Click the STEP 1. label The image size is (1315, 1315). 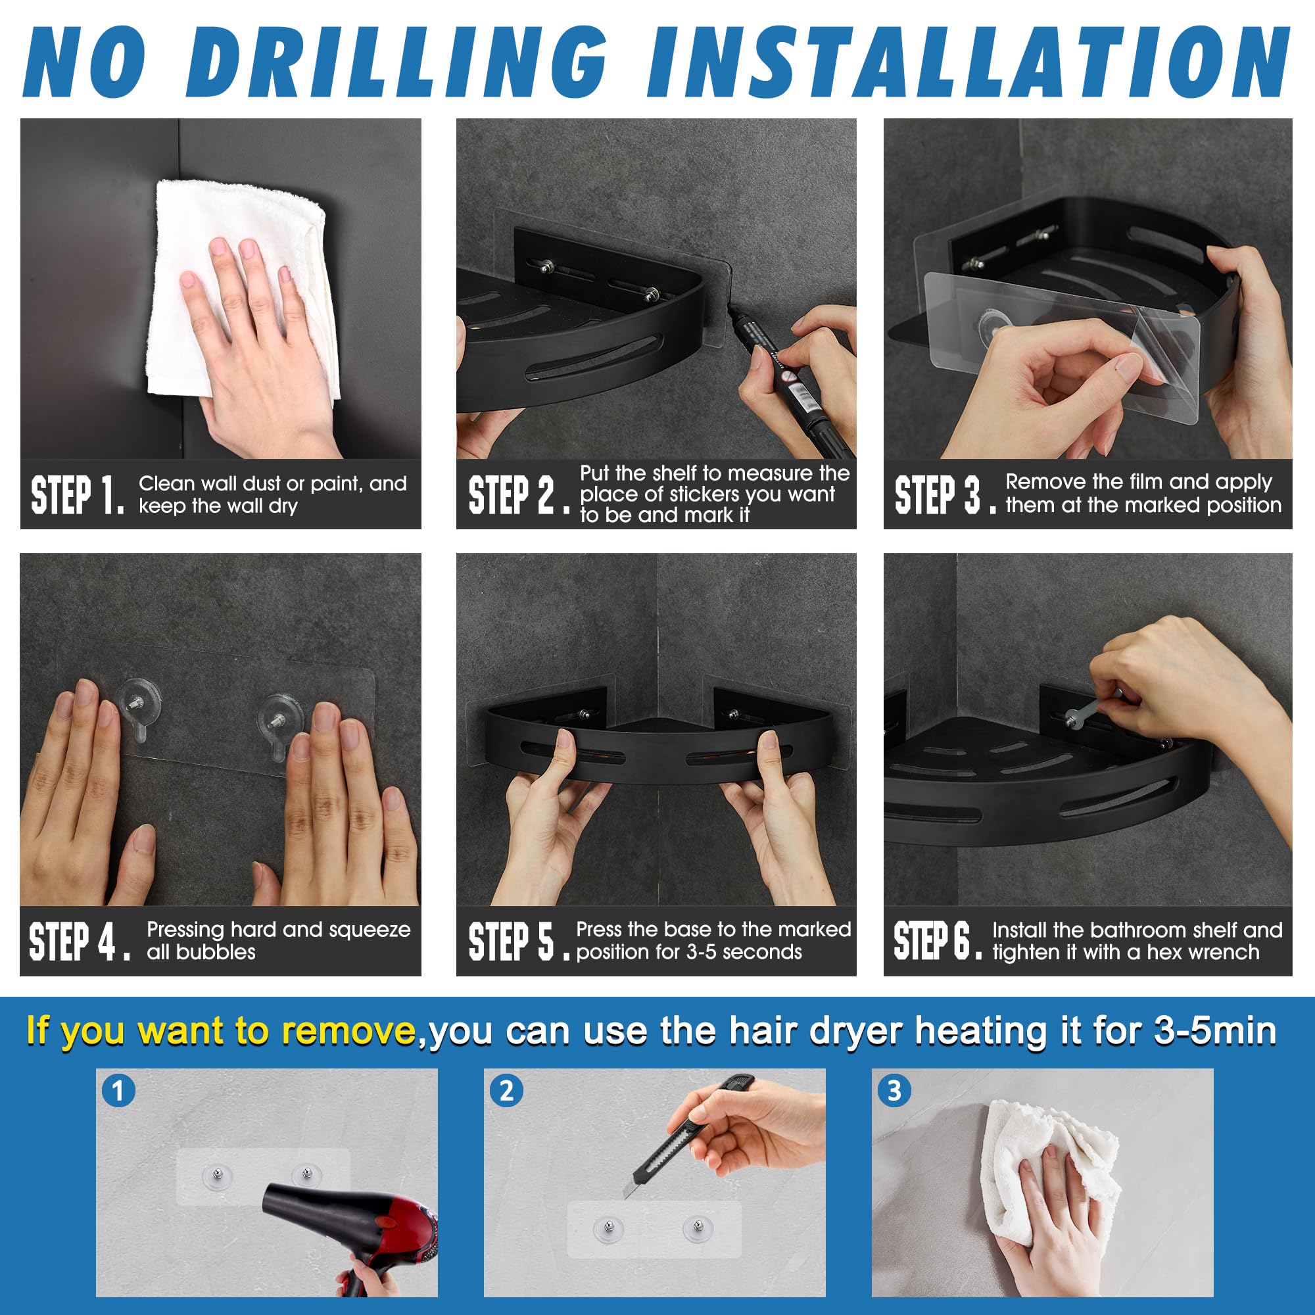pyautogui.click(x=78, y=495)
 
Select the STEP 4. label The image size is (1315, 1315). pyautogui.click(x=79, y=942)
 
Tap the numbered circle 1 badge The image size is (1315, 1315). pyautogui.click(x=118, y=1090)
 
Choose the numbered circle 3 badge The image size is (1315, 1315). pyautogui.click(x=894, y=1090)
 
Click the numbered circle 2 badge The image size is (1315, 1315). pyautogui.click(x=506, y=1090)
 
